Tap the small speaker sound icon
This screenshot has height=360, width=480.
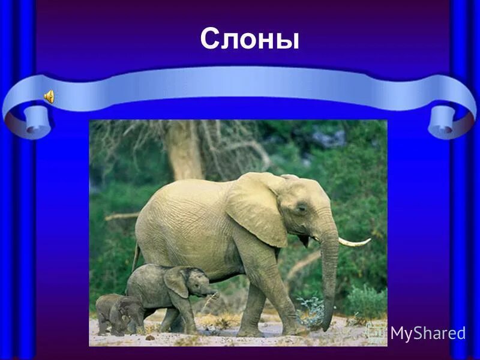tap(49, 96)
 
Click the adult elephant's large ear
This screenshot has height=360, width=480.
tap(256, 208)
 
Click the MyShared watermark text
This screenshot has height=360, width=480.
tap(427, 334)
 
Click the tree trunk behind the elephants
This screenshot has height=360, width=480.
tap(183, 150)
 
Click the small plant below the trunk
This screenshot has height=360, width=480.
tap(310, 309)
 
